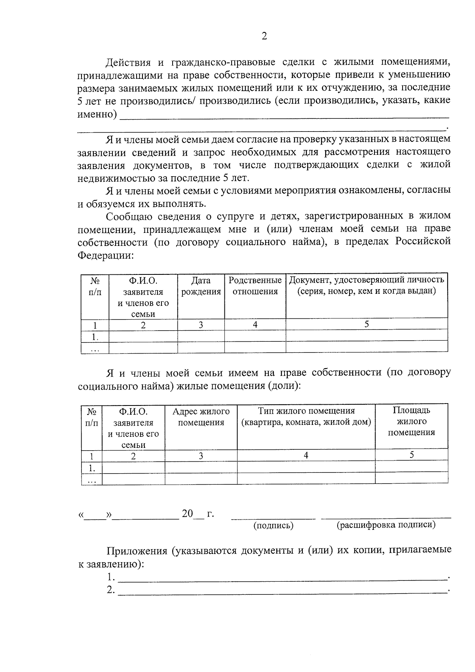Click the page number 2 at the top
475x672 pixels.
(264, 36)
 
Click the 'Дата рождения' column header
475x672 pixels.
(201, 286)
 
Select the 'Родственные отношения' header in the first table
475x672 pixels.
(255, 286)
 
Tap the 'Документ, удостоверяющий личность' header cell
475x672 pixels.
(367, 286)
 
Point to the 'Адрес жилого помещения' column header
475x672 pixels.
(201, 417)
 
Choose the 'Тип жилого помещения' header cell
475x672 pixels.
(306, 417)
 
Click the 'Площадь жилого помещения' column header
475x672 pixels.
(411, 421)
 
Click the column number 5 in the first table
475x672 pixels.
(367, 324)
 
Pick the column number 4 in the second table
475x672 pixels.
(306, 455)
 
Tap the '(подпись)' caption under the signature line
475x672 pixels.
(273, 525)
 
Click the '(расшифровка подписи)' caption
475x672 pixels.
(386, 525)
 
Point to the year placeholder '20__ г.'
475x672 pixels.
(198, 514)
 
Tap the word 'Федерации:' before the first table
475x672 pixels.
(105, 255)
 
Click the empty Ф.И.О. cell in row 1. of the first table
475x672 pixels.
(143, 336)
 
